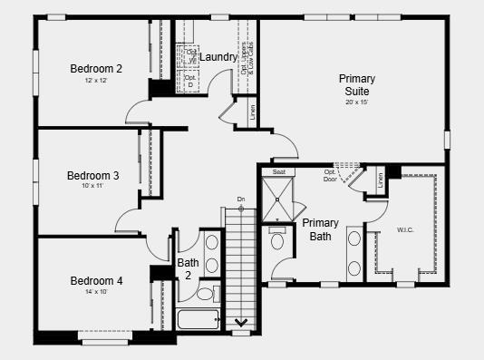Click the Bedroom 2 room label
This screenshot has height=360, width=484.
pos(96,68)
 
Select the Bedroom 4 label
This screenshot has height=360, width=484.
pos(96,280)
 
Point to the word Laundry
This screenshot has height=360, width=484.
pos(218,57)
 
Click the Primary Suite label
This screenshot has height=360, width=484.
pos(357,85)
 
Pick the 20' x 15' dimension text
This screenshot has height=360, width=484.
pos(357,102)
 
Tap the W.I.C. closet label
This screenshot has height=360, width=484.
pos(405,230)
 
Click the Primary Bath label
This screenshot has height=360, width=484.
pos(321,229)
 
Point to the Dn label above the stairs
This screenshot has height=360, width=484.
pos(241,199)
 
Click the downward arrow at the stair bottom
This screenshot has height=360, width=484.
pos(242,320)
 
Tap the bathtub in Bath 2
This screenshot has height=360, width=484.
pos(198,320)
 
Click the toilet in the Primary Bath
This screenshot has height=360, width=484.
pos(277,239)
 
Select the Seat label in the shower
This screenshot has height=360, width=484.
pos(279,171)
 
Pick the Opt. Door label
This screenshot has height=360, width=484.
pos(330,175)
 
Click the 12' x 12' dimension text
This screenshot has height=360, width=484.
pos(96,81)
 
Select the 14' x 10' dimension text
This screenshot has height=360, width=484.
pos(96,292)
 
